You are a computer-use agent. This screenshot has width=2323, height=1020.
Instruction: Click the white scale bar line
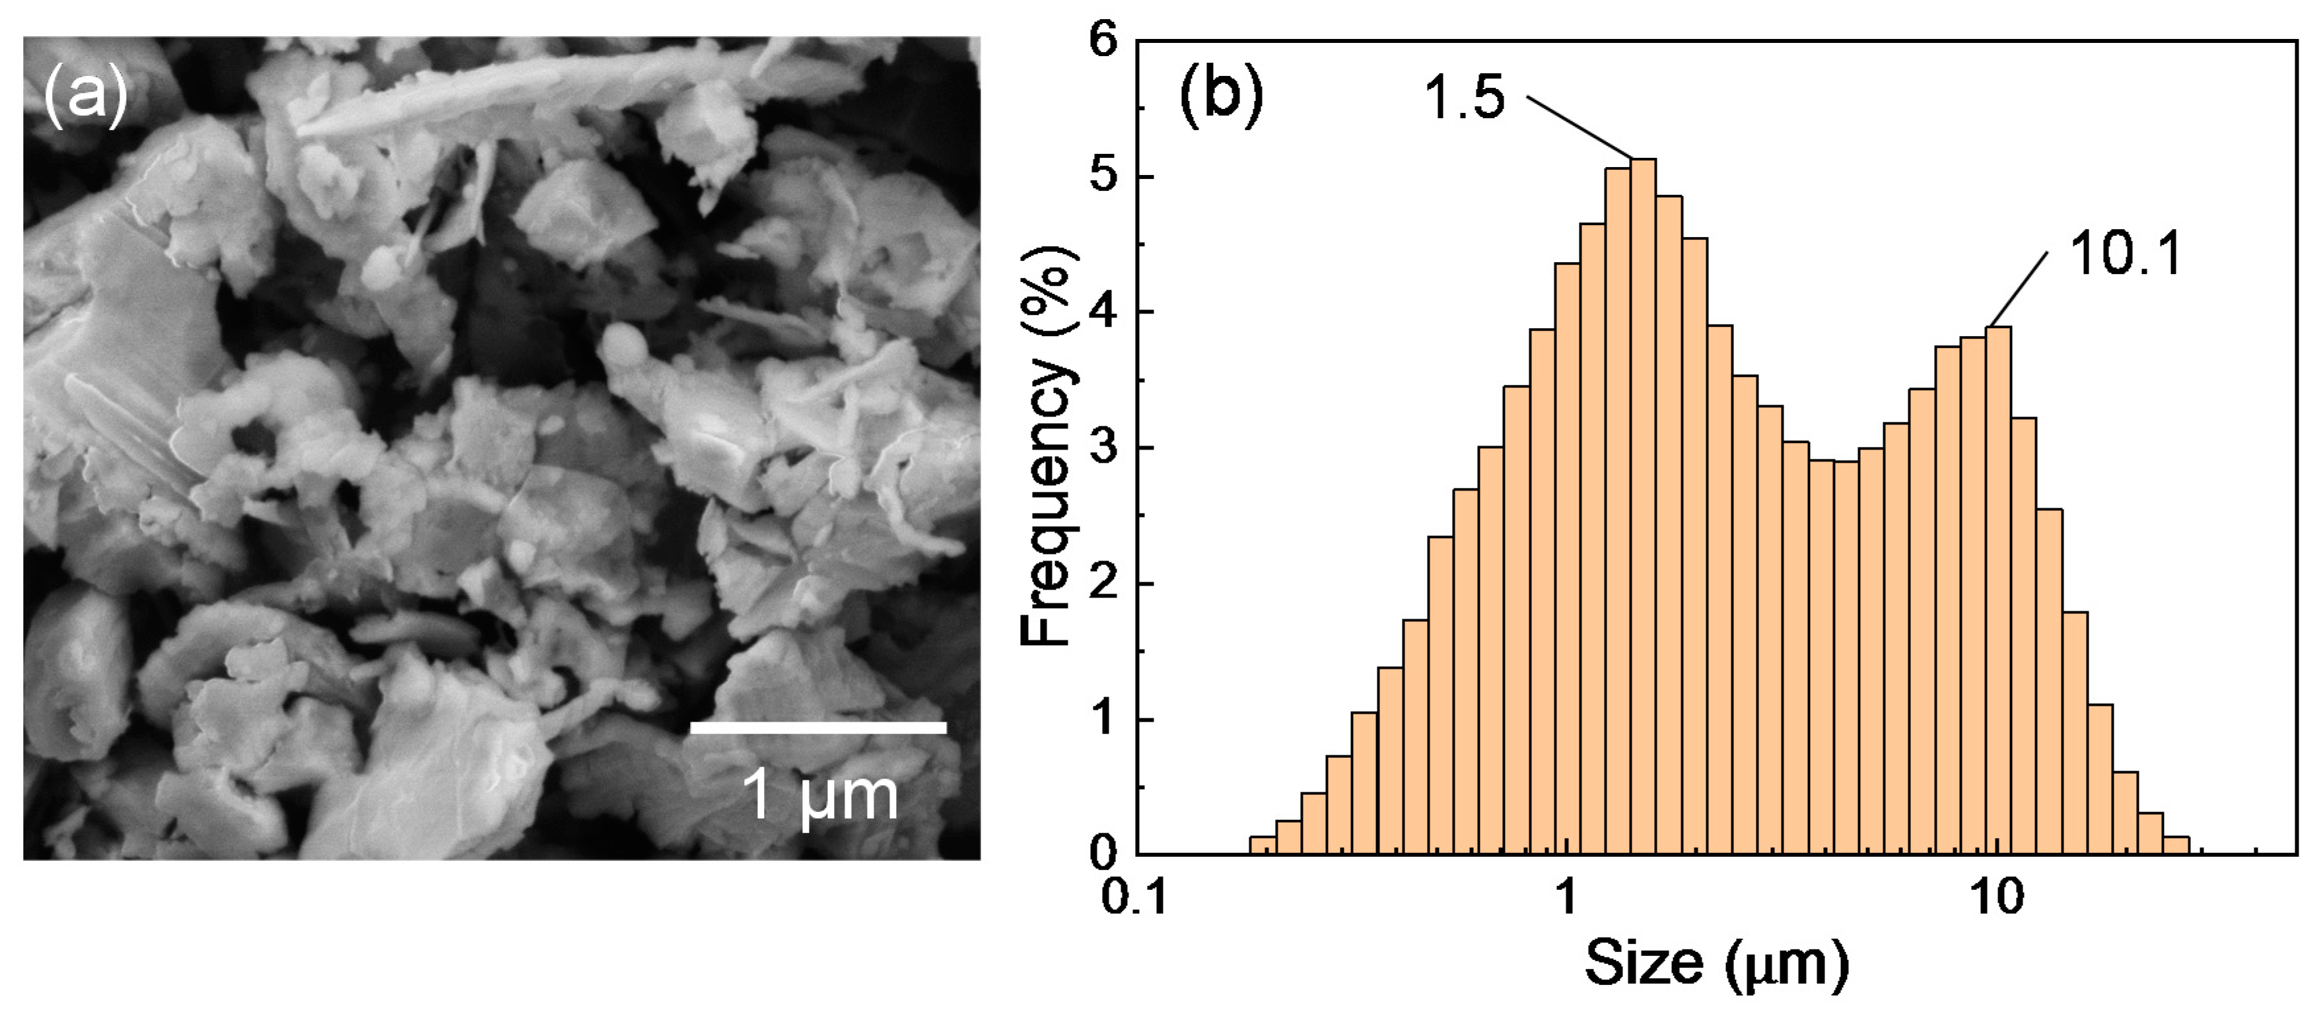(818, 727)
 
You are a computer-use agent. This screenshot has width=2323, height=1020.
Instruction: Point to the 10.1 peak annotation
(2125, 254)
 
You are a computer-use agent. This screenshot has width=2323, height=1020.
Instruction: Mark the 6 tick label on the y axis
(1103, 42)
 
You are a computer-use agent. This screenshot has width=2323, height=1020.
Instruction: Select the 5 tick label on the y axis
(1103, 178)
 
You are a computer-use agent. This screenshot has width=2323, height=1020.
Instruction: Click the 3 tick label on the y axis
(1103, 448)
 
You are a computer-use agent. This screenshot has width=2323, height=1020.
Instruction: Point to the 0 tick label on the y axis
(1103, 853)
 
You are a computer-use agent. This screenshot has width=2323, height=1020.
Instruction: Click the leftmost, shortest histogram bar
(1263, 846)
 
